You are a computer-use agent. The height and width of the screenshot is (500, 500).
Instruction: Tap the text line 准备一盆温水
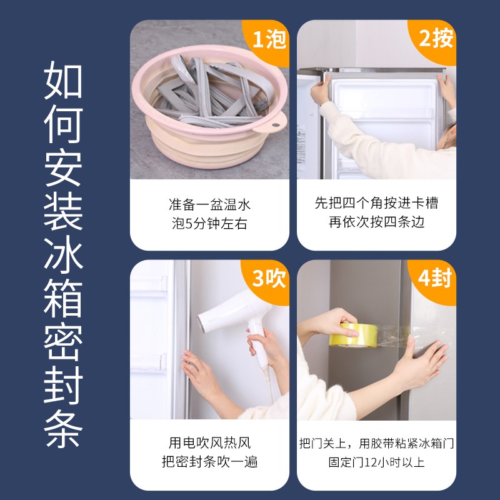tap(209, 204)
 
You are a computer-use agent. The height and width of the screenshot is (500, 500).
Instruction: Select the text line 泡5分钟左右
tap(209, 223)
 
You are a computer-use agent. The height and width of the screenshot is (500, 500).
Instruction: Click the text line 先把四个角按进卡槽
tap(376, 204)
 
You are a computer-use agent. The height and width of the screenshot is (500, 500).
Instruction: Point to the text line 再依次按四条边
tap(376, 222)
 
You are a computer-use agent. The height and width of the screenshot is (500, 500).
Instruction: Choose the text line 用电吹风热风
tap(209, 443)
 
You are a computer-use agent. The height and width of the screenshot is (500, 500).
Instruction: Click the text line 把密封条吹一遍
tap(209, 462)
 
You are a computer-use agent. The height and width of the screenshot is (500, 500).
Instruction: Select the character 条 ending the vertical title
tap(63, 430)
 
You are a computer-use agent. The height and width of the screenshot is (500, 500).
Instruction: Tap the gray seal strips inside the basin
tap(212, 94)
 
